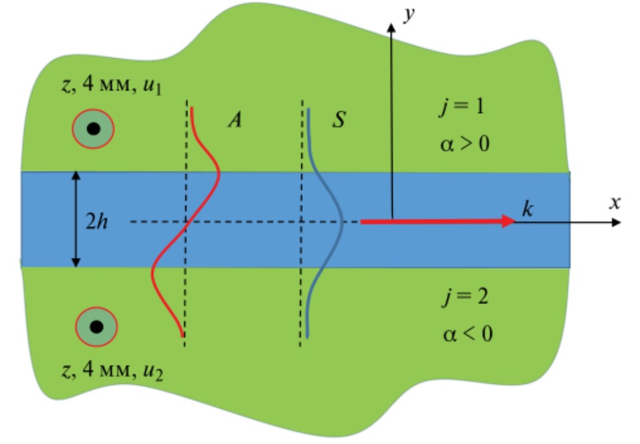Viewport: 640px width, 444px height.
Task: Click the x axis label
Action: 615,203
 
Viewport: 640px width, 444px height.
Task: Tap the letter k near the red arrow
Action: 528,209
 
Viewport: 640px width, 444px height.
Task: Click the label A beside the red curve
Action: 234,121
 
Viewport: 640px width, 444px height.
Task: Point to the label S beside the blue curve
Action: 339,121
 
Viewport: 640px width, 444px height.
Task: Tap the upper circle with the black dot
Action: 94,129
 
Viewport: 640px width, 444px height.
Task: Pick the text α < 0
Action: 467,333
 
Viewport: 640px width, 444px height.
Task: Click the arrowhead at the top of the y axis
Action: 391,25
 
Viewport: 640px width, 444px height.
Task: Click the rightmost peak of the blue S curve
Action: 342,221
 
